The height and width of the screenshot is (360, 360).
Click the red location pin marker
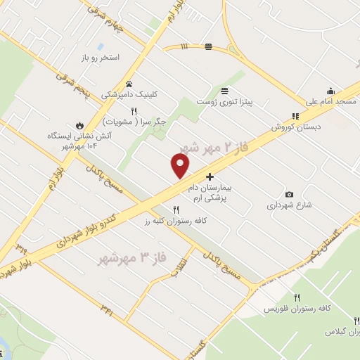(x=181, y=165)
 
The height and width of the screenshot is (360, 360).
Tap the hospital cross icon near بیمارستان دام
(x=210, y=176)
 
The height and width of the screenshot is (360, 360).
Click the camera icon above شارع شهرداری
(x=289, y=194)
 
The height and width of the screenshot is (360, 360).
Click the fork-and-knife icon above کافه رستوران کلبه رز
(x=176, y=210)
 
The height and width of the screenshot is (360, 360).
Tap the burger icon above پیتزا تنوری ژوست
(x=224, y=91)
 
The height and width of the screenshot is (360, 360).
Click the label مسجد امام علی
(x=330, y=102)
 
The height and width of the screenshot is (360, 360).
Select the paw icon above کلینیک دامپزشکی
(x=129, y=82)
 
